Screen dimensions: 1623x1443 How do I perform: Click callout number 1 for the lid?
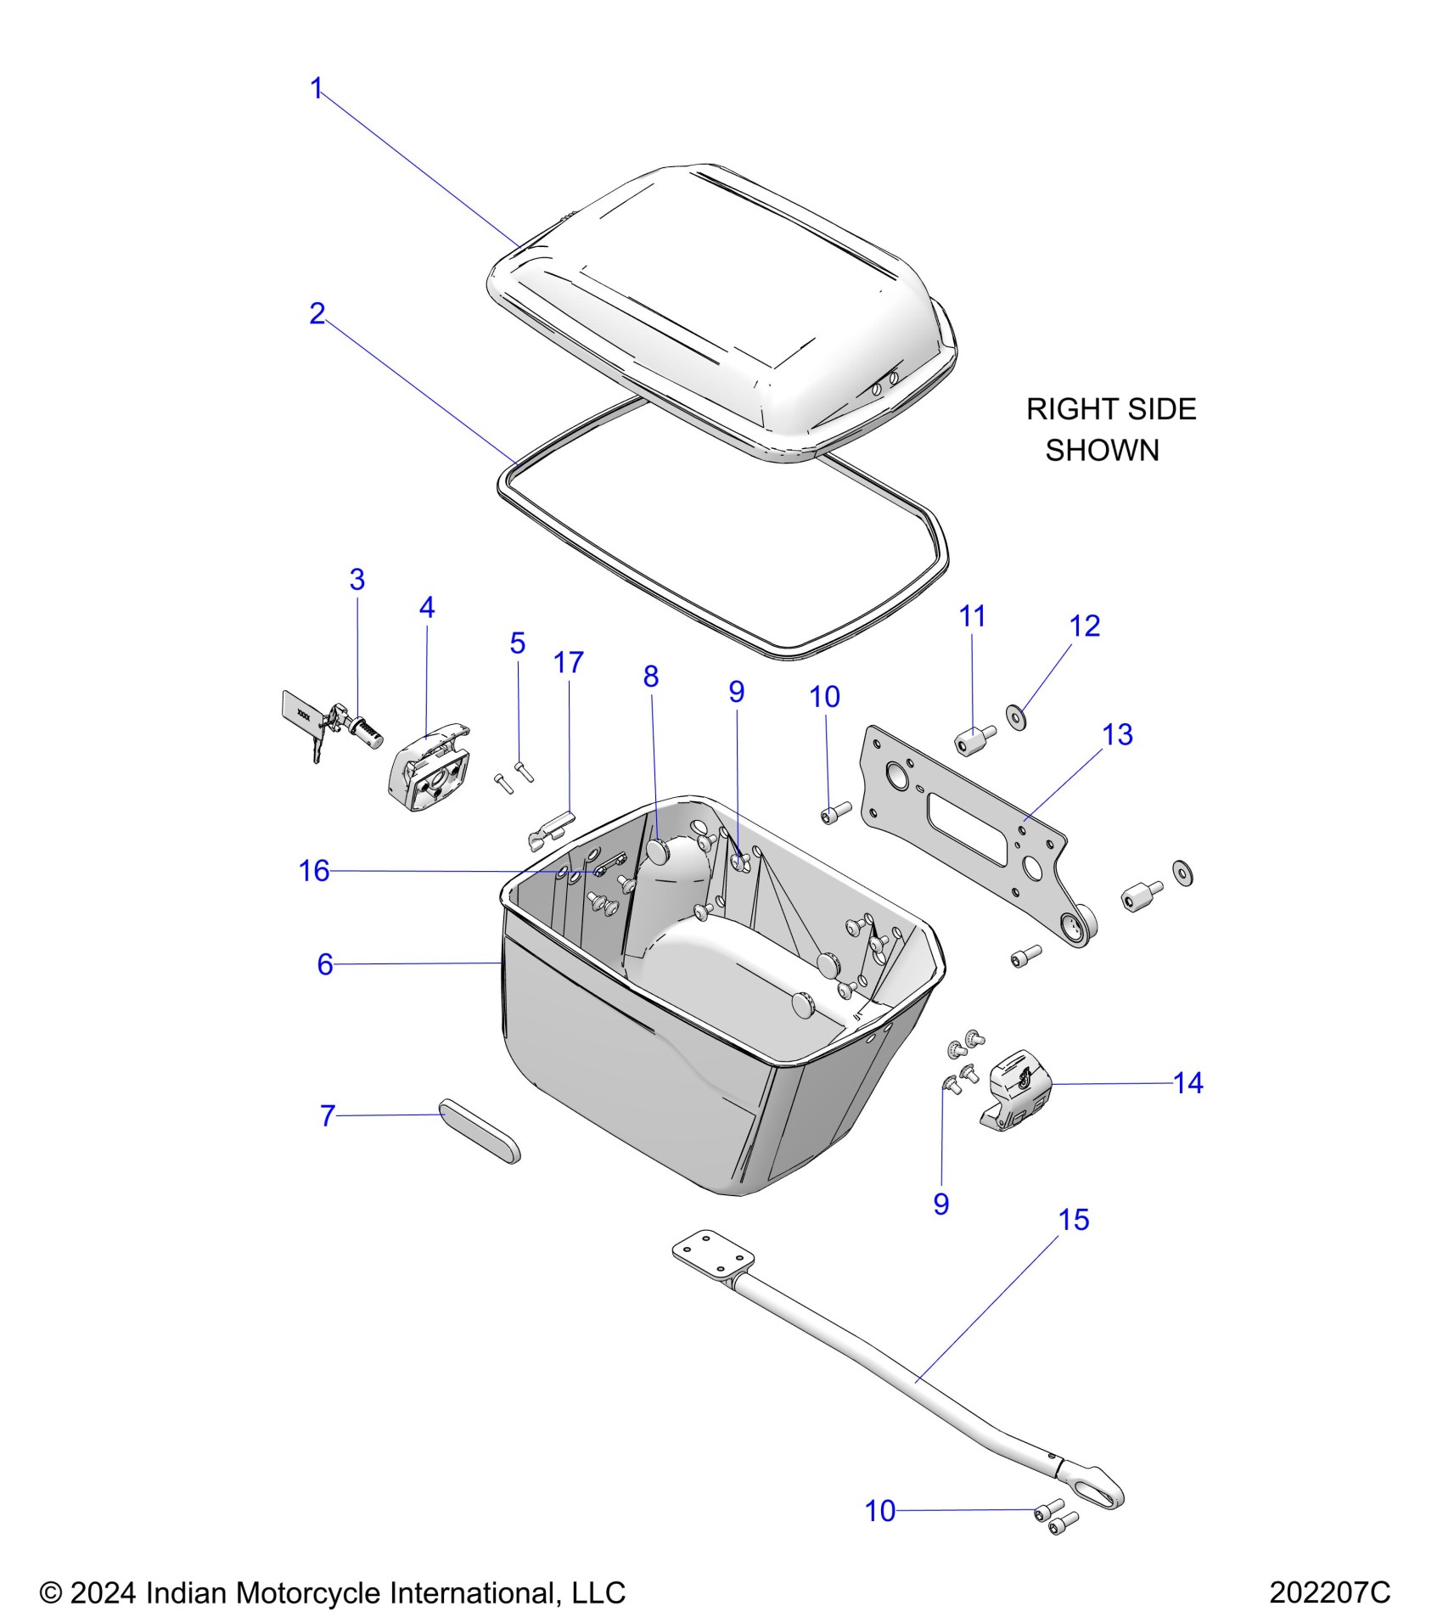[x=317, y=88]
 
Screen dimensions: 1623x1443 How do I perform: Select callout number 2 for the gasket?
[x=317, y=314]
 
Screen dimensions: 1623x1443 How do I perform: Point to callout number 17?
[x=569, y=663]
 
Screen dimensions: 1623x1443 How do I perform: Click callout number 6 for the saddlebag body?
[x=325, y=964]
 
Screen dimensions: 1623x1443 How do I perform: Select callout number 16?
[x=314, y=871]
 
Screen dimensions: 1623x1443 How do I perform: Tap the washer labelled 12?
[x=1015, y=716]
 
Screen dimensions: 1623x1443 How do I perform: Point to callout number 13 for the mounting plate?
[x=1117, y=734]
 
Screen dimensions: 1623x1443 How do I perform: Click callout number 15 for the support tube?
[x=1074, y=1220]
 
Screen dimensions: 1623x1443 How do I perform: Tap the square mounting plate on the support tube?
[x=713, y=1255]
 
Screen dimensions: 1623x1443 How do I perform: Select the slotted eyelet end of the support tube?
[x=1101, y=1485]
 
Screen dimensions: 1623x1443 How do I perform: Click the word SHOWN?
[x=1102, y=450]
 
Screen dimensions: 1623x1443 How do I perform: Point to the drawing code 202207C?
[x=1329, y=1593]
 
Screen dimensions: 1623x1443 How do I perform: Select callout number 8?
[x=651, y=677]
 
